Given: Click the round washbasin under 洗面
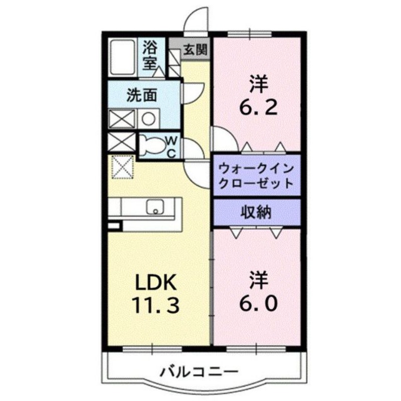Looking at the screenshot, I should (148, 118).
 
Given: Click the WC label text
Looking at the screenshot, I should (170, 146).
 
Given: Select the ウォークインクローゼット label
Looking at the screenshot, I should (256, 174).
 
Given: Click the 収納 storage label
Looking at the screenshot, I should (257, 213).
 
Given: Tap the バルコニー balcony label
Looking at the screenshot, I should (199, 372).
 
